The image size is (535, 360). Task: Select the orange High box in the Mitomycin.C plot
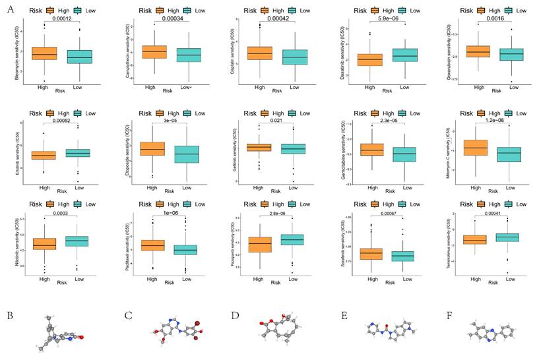click(x=476, y=148)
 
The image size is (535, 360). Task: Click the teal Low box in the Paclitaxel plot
click(x=185, y=250)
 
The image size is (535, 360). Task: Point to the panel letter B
click(x=10, y=315)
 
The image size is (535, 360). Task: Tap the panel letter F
click(x=449, y=315)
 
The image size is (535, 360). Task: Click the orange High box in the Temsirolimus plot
click(x=474, y=239)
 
